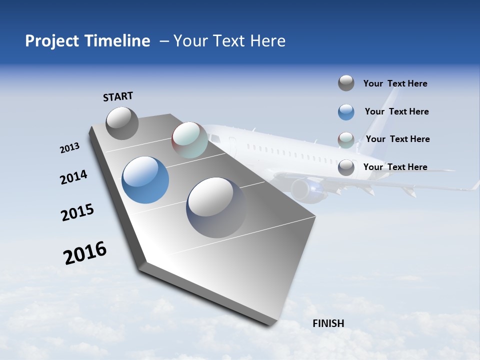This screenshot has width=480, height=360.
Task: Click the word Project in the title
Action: (x=51, y=41)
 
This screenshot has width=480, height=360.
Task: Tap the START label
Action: (x=118, y=96)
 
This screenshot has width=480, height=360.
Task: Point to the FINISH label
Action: (x=328, y=323)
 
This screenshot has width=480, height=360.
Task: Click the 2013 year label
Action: (x=69, y=148)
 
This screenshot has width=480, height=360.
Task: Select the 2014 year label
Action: (x=73, y=177)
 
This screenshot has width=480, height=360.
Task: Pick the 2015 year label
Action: (x=77, y=213)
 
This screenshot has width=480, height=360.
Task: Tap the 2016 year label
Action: (x=85, y=253)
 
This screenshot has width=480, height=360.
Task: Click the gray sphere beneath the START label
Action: (x=122, y=123)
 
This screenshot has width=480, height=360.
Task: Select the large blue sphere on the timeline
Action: (x=145, y=180)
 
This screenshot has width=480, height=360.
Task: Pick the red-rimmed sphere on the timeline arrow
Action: (x=189, y=140)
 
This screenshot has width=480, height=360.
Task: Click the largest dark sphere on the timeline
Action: (x=216, y=207)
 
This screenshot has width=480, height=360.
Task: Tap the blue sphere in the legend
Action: (x=346, y=112)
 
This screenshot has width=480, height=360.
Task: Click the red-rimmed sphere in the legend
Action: (x=346, y=139)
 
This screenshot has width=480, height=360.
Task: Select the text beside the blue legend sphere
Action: (x=396, y=111)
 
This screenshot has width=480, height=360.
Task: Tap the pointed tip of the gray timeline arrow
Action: (x=272, y=323)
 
